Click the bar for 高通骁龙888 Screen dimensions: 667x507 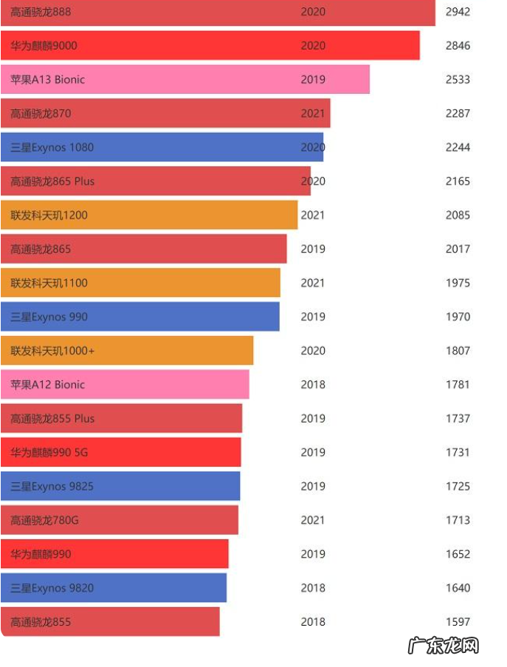[x=218, y=13]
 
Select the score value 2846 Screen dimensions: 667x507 [x=458, y=46]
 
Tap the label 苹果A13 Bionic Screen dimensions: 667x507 [x=48, y=80]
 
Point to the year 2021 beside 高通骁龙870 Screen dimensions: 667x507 [x=313, y=114]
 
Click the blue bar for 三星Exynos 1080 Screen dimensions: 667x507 [x=162, y=148]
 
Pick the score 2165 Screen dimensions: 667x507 [x=458, y=182]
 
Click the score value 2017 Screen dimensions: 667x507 [x=458, y=249]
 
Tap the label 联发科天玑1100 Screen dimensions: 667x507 [x=49, y=283]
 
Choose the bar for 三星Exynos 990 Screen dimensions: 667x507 [x=140, y=317]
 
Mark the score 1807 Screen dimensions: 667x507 [x=458, y=351]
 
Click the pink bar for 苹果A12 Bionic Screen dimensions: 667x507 [x=125, y=385]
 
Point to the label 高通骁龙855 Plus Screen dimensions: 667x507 [x=52, y=419]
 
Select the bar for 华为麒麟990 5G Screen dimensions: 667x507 [x=120, y=452]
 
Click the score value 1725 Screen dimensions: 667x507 [x=458, y=487]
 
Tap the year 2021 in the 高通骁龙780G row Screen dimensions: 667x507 [x=313, y=520]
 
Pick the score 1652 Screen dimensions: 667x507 [x=458, y=554]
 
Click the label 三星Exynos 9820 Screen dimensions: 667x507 [x=52, y=588]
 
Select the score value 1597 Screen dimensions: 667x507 [x=458, y=622]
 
